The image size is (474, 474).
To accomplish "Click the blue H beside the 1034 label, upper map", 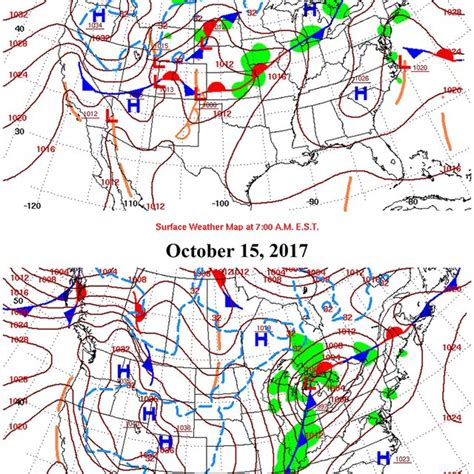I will (98, 16).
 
